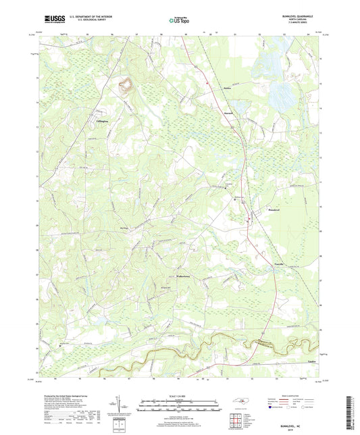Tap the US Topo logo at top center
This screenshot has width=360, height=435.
point(179,21)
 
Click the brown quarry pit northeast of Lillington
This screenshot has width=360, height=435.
point(125,86)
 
